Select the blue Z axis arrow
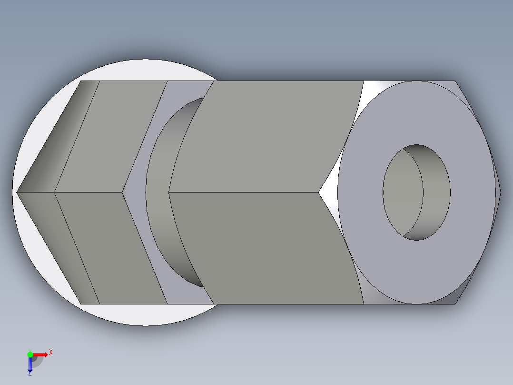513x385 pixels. point(30,365)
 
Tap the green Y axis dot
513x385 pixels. point(30,354)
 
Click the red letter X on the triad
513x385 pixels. point(50,352)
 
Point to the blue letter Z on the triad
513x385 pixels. point(30,374)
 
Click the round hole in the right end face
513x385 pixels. point(416,192)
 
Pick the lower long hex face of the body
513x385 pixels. point(266,248)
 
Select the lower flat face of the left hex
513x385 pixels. point(114,248)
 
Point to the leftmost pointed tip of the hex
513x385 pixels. point(18,192)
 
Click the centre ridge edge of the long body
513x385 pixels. point(243,192)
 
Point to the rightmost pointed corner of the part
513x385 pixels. point(501,192)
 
